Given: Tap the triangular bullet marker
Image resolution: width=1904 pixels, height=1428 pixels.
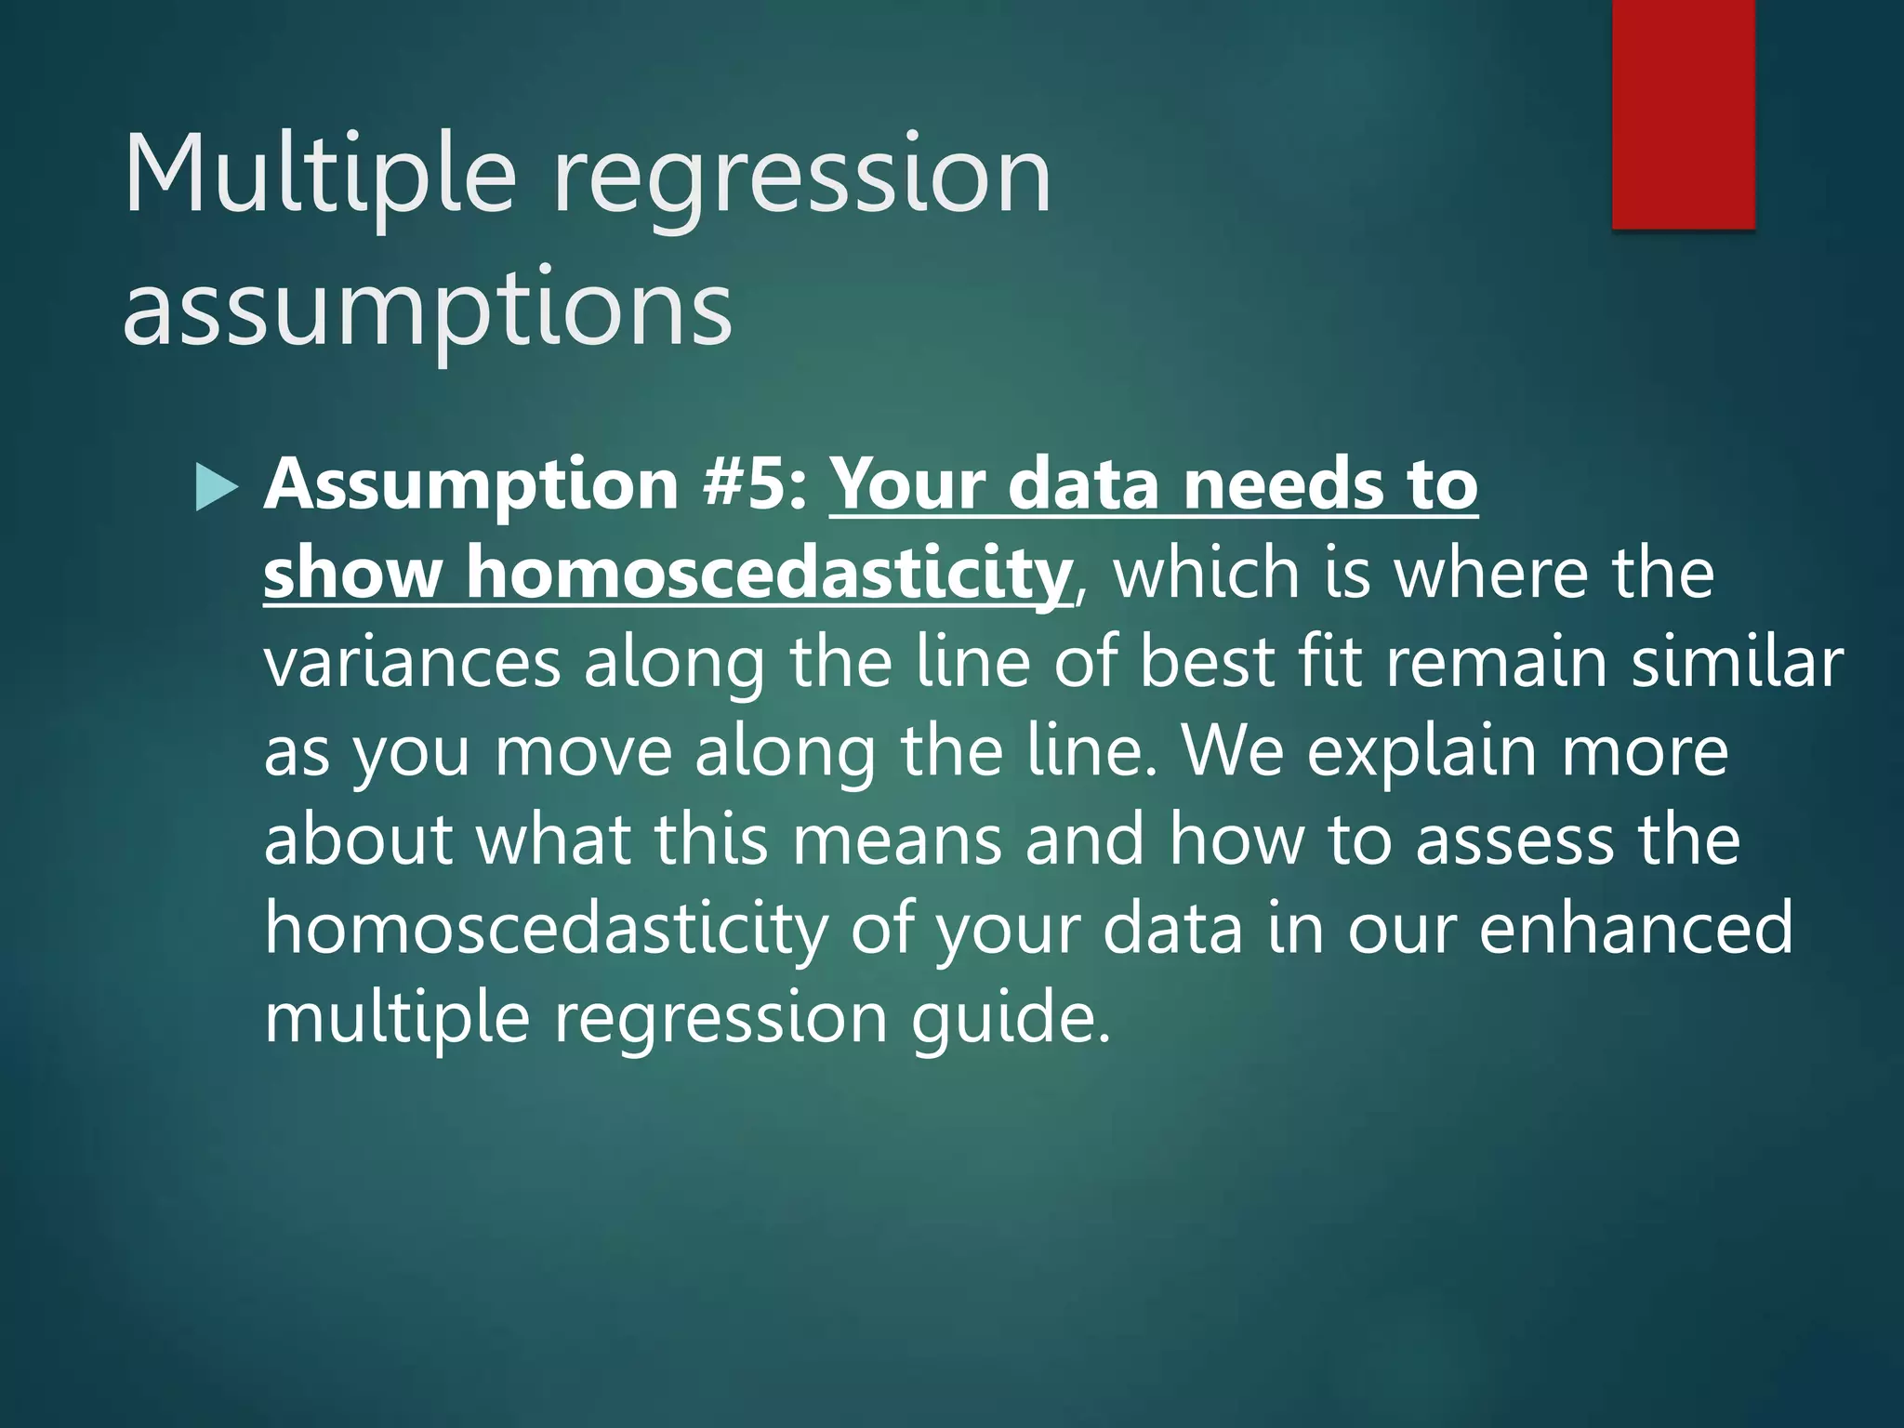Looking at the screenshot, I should click(x=217, y=488).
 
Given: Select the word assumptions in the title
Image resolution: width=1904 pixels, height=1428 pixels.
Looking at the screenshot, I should click(x=428, y=309).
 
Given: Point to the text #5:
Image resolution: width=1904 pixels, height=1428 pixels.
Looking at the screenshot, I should click(x=755, y=484).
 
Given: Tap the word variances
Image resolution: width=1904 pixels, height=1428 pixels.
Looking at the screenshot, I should click(x=412, y=662).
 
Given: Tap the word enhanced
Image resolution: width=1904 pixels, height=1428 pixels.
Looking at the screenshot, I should click(x=1635, y=928).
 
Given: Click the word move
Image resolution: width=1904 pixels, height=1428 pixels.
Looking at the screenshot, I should click(x=582, y=751).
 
